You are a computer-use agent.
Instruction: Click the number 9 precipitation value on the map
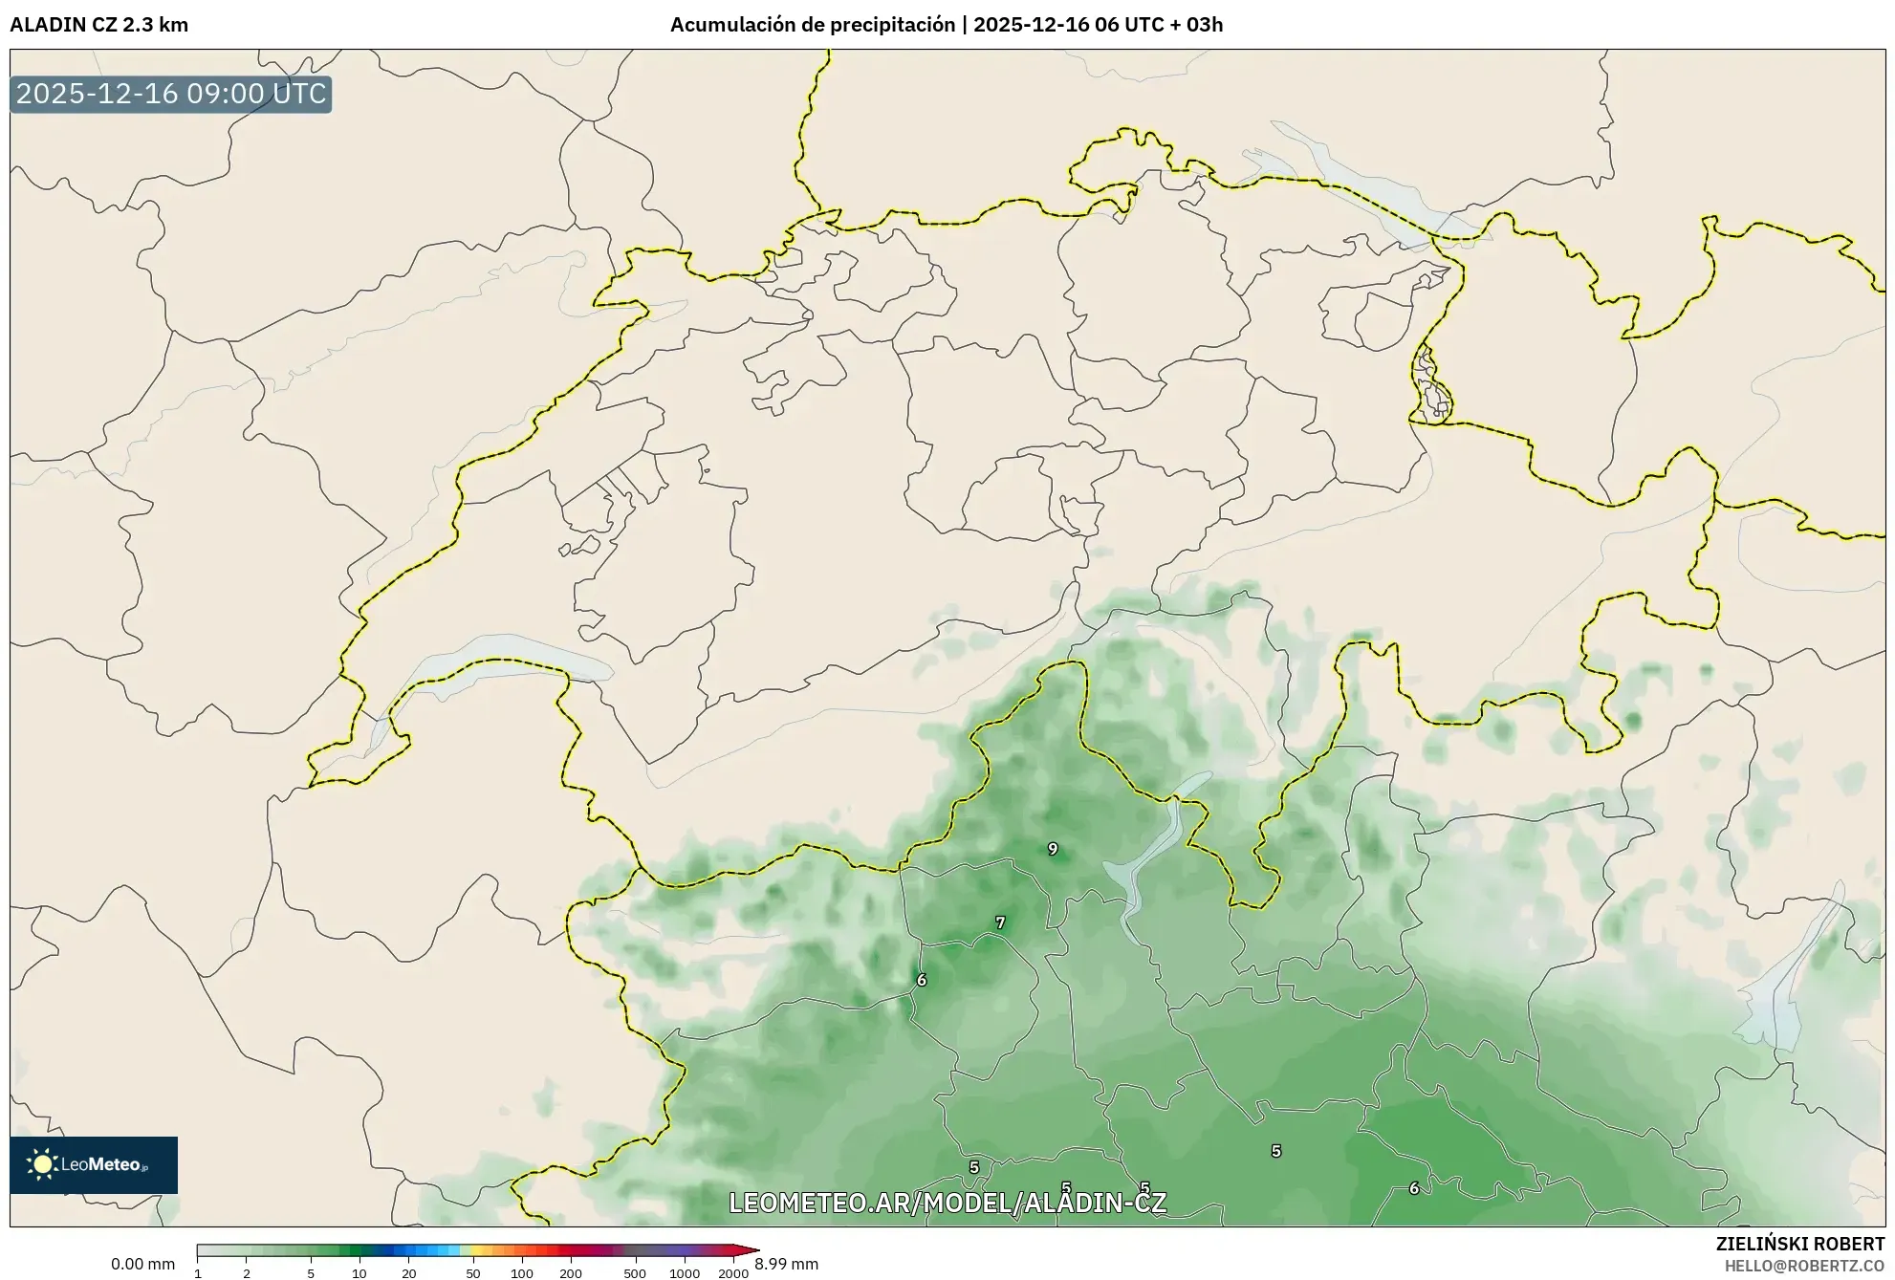(x=1053, y=849)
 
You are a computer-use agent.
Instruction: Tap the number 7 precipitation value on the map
(x=1000, y=922)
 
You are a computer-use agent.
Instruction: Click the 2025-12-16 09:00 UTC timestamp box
(x=171, y=94)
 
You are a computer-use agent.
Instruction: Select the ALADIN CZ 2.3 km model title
(x=99, y=25)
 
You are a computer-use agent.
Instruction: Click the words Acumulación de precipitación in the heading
(x=812, y=25)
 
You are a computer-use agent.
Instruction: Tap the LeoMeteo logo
(x=94, y=1164)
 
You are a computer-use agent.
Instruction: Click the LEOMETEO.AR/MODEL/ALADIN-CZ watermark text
(x=947, y=1203)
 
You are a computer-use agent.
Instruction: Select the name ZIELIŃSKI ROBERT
(x=1799, y=1244)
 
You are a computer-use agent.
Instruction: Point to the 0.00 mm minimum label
(x=142, y=1264)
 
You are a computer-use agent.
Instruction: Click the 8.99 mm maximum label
(x=787, y=1264)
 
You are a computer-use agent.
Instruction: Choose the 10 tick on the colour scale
(x=359, y=1273)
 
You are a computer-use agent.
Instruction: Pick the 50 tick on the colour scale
(x=472, y=1273)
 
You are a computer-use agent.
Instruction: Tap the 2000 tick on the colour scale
(x=733, y=1273)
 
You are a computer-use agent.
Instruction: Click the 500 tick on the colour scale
(x=635, y=1273)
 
